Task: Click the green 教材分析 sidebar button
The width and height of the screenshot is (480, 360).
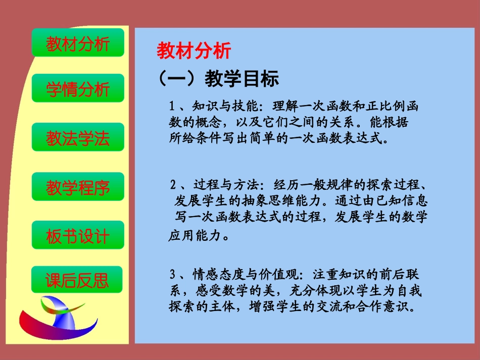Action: pyautogui.click(x=78, y=43)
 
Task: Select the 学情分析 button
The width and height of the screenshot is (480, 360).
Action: pyautogui.click(x=78, y=89)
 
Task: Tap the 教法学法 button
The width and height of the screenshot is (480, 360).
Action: pyautogui.click(x=78, y=138)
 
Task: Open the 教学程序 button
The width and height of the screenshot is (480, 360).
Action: pyautogui.click(x=78, y=187)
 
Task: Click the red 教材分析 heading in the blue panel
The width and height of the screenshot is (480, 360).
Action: pyautogui.click(x=194, y=51)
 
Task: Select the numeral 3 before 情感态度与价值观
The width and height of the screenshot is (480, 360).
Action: pyautogui.click(x=173, y=275)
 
